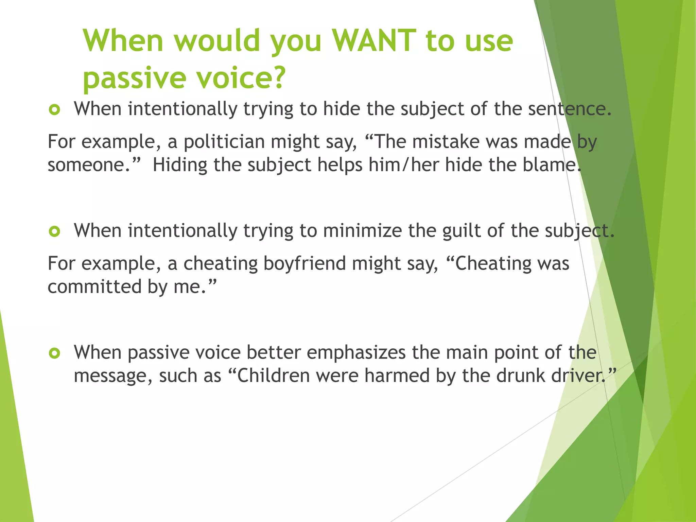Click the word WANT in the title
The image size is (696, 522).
(374, 41)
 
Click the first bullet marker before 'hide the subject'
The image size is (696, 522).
(54, 110)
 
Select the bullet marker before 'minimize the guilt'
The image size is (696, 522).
(54, 232)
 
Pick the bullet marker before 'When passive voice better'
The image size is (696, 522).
(54, 353)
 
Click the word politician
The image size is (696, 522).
(224, 142)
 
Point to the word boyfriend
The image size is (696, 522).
(304, 264)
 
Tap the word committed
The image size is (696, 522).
(94, 287)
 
